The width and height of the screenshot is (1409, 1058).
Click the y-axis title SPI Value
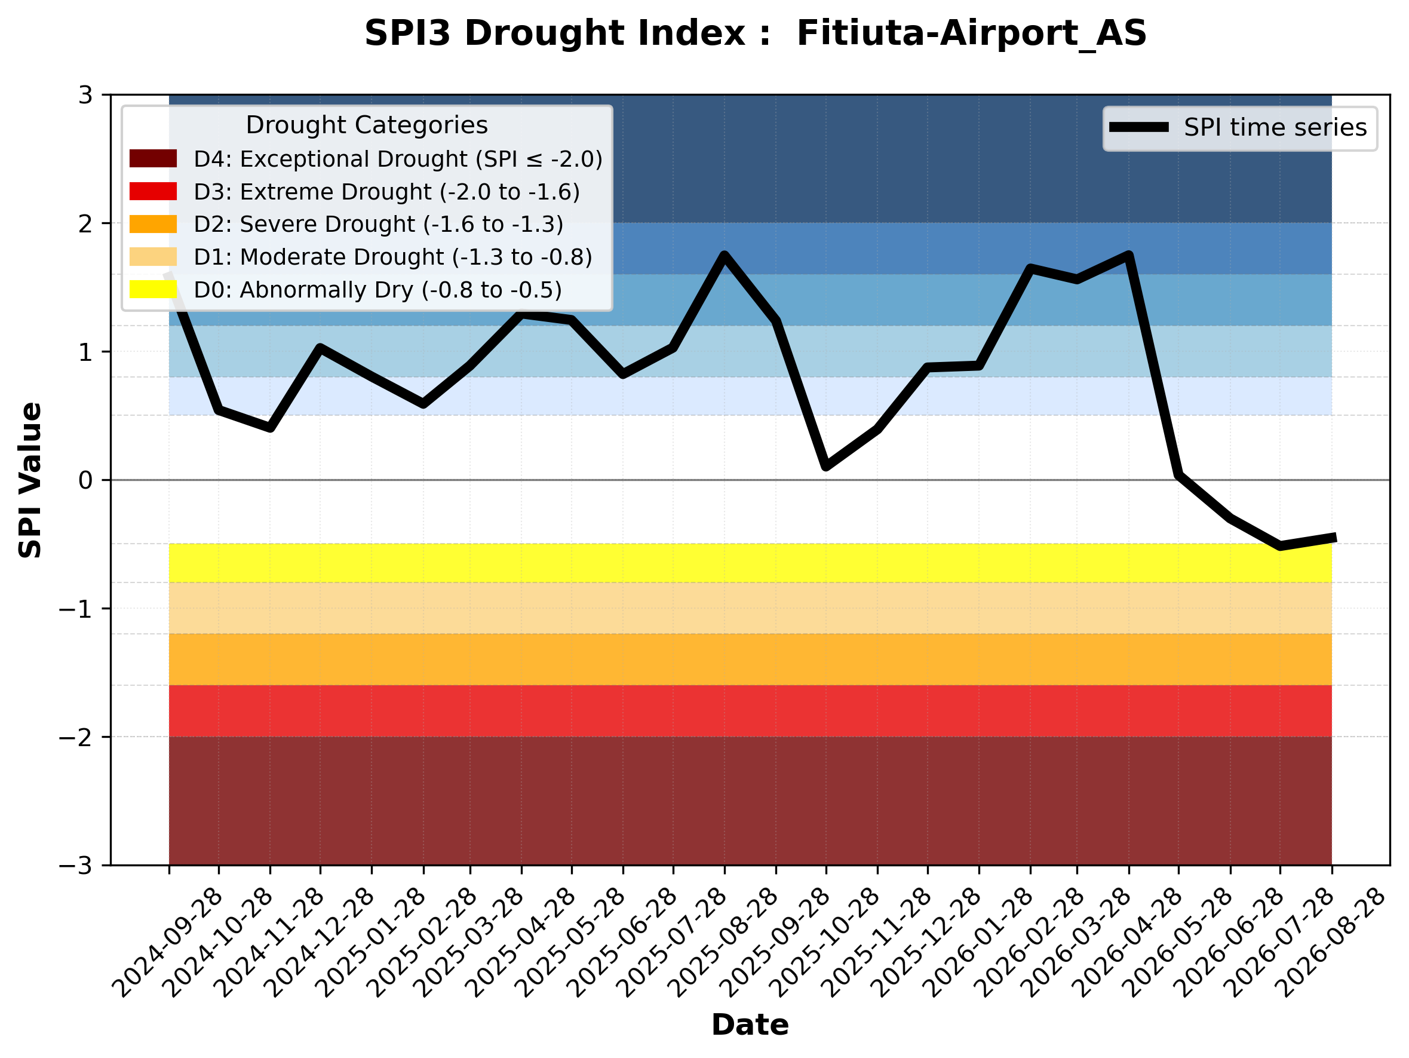(x=30, y=480)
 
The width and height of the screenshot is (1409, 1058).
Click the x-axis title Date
(x=750, y=1025)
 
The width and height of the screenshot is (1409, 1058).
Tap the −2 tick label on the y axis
(x=76, y=737)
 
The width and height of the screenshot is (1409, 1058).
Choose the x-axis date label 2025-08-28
(x=725, y=943)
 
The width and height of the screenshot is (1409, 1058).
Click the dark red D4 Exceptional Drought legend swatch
(x=153, y=158)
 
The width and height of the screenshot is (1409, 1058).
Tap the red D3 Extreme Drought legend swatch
(x=153, y=191)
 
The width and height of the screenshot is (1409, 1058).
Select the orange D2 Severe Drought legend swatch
(x=153, y=224)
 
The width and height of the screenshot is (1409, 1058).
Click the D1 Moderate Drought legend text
(x=393, y=257)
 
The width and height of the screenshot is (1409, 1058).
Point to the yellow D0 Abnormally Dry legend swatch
(x=153, y=289)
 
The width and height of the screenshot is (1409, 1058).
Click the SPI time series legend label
(x=1275, y=127)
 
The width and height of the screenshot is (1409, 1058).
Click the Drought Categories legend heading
(x=367, y=125)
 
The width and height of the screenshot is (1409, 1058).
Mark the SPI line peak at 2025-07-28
(x=725, y=256)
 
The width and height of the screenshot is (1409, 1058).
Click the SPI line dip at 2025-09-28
(x=825, y=466)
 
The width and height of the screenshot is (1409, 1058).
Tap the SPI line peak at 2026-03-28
(x=1129, y=256)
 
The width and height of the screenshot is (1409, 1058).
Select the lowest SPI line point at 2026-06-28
(x=1281, y=546)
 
